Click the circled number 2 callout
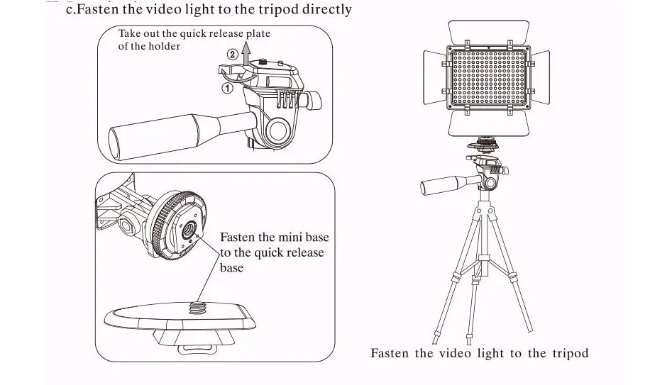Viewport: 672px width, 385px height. click(232, 55)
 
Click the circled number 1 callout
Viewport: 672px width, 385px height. click(227, 88)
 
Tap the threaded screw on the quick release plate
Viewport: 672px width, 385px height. click(197, 308)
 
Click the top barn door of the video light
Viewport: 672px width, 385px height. click(489, 33)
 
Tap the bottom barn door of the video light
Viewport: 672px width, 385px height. click(489, 124)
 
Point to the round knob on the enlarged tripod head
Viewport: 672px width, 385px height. click(279, 130)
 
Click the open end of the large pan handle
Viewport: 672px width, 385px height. click(115, 144)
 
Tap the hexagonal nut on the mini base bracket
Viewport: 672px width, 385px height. click(126, 224)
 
